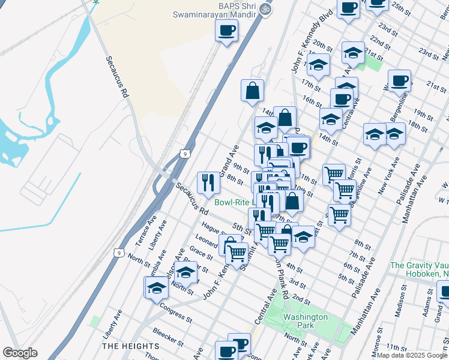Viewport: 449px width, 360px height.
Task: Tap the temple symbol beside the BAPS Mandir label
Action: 267,10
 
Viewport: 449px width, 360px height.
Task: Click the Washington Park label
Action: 306,320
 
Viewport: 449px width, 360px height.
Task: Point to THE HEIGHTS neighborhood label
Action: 130,346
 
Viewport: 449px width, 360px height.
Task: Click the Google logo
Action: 20,353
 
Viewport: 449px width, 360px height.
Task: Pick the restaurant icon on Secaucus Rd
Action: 208,182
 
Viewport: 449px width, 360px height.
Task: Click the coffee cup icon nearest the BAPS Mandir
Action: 226,31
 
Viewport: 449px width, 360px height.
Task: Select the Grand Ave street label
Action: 229,161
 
